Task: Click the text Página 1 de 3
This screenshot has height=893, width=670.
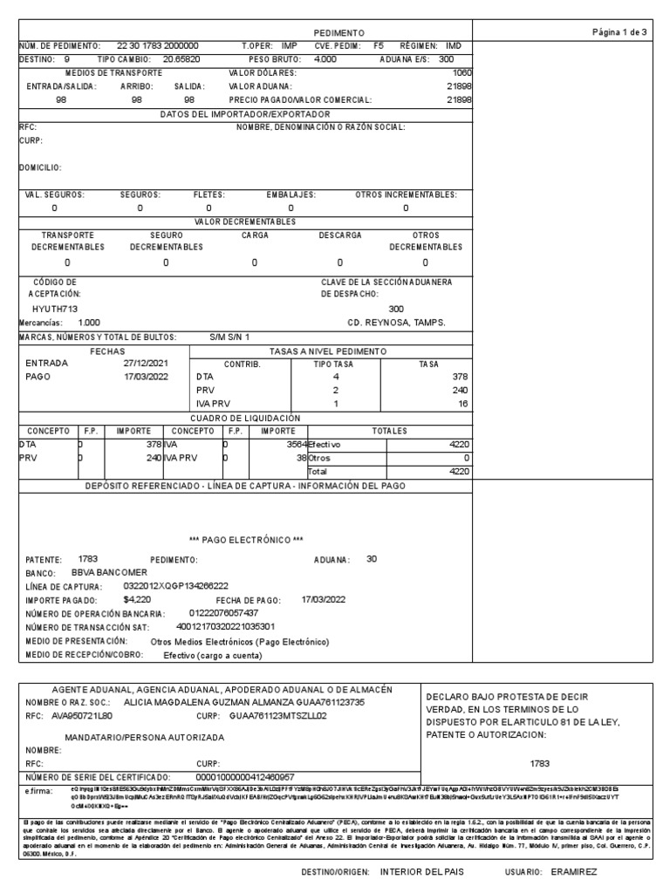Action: point(619,32)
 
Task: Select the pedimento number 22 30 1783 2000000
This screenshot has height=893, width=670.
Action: point(157,45)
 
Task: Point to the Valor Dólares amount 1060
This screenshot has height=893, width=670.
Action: point(462,73)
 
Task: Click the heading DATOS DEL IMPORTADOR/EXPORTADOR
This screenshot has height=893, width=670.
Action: point(244,114)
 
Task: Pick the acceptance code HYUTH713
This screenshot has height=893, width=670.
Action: point(55,309)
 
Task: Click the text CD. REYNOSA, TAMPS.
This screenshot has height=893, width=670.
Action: point(396,323)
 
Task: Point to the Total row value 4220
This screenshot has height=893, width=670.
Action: point(459,471)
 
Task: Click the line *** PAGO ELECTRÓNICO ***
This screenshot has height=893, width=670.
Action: point(245,539)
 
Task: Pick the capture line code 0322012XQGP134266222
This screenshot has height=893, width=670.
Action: point(176,586)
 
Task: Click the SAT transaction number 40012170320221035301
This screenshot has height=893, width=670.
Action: point(225,626)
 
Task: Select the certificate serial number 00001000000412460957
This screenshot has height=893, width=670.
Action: point(245,776)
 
